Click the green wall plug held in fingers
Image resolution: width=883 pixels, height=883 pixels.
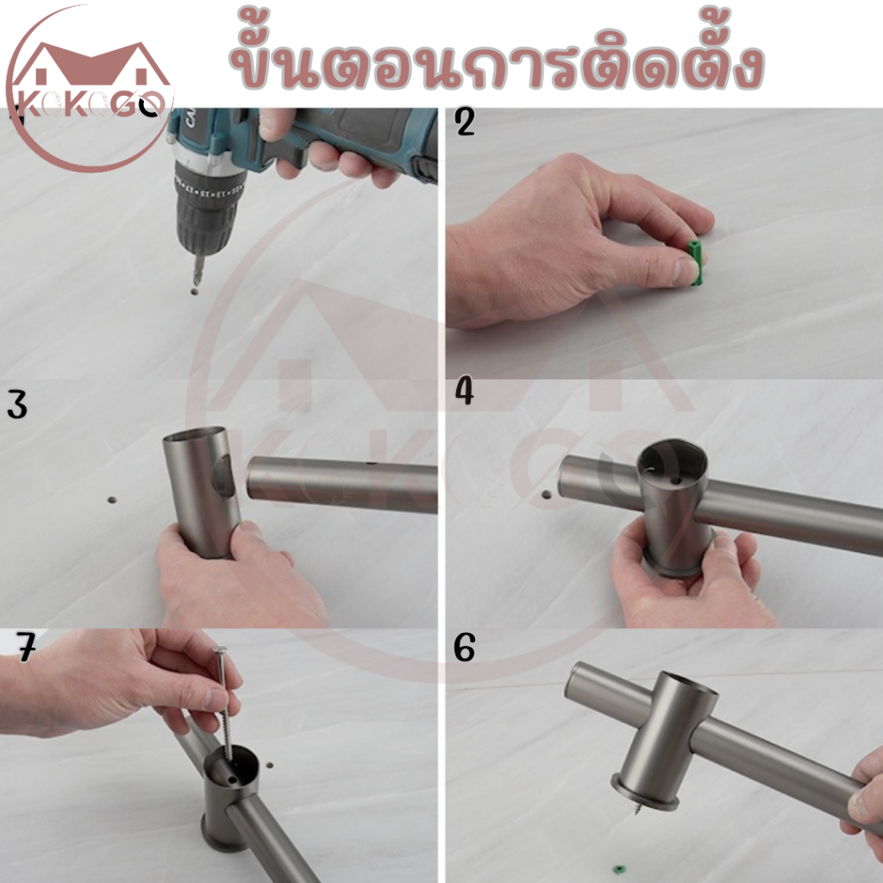click(x=696, y=261)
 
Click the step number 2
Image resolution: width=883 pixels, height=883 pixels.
click(x=465, y=122)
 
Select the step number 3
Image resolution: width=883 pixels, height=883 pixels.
click(x=17, y=405)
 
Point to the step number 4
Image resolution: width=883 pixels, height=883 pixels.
click(x=464, y=392)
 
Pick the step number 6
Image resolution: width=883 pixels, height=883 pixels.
click(x=464, y=648)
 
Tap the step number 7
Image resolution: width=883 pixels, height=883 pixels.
click(x=26, y=648)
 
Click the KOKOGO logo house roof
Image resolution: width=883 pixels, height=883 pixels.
click(x=90, y=61)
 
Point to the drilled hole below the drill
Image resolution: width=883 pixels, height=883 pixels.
click(x=195, y=292)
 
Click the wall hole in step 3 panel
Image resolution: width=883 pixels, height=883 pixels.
click(x=112, y=499)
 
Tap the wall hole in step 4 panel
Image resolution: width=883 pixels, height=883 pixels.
click(x=546, y=495)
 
